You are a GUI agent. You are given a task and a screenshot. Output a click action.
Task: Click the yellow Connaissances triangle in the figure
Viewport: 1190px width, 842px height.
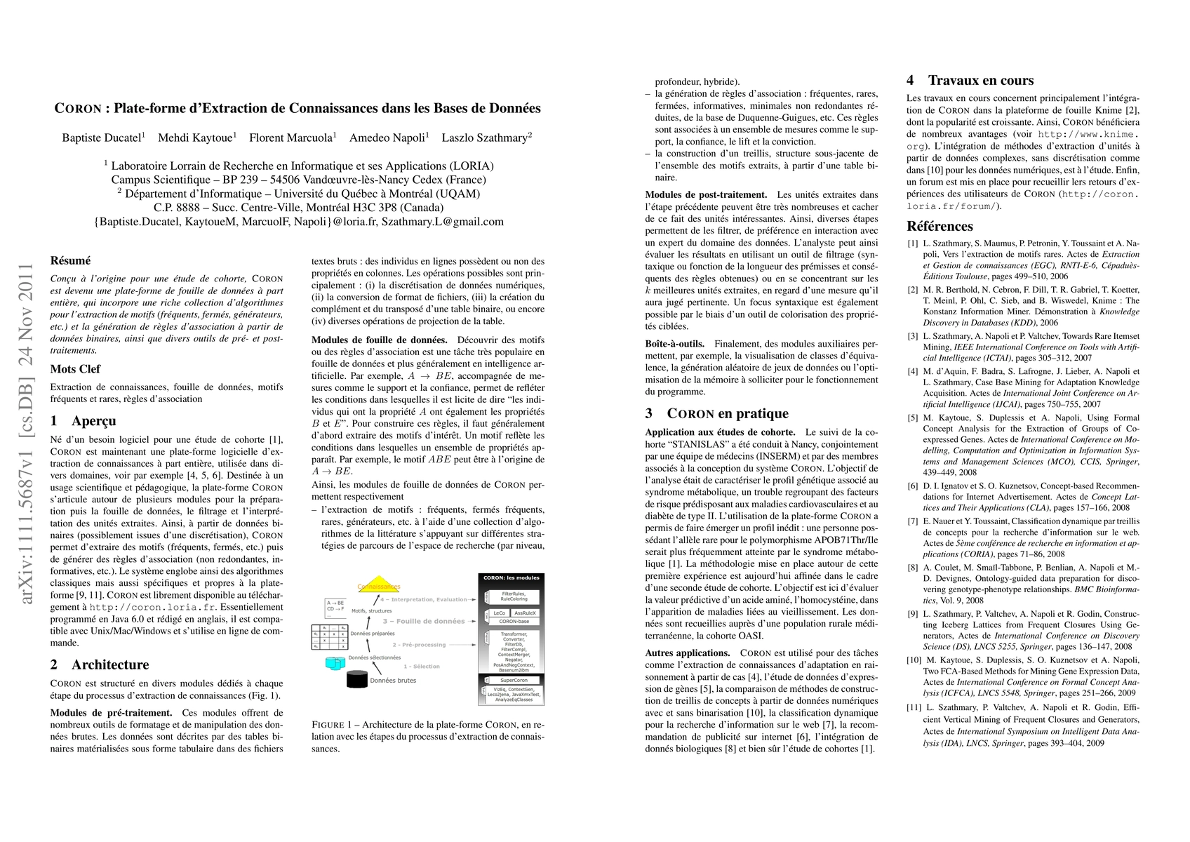click(379, 584)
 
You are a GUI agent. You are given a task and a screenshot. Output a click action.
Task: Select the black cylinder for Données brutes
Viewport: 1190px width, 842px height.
click(357, 679)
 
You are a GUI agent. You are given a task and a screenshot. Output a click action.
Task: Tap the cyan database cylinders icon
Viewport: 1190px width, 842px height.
click(335, 662)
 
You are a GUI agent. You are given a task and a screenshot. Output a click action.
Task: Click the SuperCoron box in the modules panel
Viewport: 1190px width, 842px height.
click(514, 680)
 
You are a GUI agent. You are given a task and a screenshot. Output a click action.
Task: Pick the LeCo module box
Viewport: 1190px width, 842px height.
click(499, 613)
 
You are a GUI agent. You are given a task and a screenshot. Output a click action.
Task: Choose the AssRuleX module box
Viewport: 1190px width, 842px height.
click(525, 613)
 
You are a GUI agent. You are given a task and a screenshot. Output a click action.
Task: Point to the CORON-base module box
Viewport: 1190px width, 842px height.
click(514, 622)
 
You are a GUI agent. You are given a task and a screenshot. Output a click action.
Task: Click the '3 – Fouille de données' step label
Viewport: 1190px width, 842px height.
click(423, 621)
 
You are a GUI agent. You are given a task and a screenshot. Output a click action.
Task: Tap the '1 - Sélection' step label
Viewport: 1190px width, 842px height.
click(422, 666)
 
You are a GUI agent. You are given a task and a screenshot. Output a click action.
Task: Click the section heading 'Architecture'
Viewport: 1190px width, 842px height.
click(109, 664)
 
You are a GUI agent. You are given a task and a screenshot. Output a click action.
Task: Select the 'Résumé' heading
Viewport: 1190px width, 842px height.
click(70, 260)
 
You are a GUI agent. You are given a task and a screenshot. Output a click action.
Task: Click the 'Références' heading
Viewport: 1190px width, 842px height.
click(940, 226)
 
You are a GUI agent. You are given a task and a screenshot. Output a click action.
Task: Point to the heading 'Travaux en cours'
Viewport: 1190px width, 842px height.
click(980, 80)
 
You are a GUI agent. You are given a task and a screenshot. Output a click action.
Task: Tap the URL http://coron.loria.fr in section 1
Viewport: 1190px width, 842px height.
click(153, 607)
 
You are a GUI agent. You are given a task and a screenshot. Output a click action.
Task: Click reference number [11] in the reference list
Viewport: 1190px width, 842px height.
click(914, 708)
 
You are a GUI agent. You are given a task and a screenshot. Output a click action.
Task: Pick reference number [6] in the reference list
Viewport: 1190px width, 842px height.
click(913, 486)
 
